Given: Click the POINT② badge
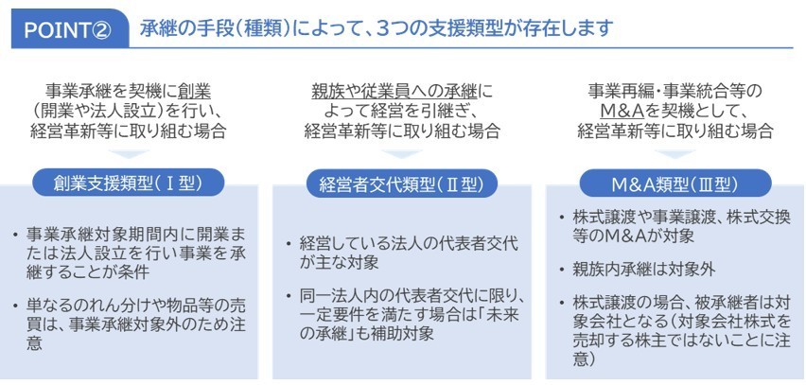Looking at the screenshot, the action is pyautogui.click(x=70, y=29).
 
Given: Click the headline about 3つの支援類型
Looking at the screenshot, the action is pyautogui.click(x=377, y=28).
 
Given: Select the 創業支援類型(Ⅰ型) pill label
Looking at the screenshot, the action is pyautogui.click(x=129, y=183).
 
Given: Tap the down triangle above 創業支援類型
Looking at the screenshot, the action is pyautogui.click(x=129, y=153).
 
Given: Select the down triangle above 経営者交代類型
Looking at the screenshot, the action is pyautogui.click(x=402, y=153).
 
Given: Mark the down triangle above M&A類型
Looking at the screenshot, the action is pyautogui.click(x=675, y=153).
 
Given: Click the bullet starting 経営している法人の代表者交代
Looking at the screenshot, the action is pyautogui.click(x=410, y=254).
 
